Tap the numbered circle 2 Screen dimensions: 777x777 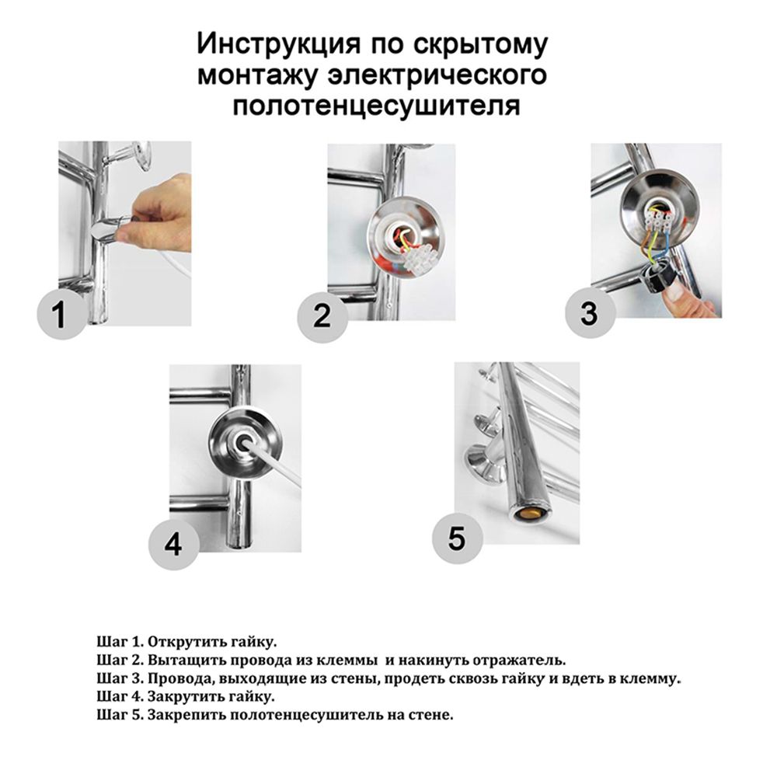click(x=322, y=316)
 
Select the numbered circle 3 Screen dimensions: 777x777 click(x=590, y=313)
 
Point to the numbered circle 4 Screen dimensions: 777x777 click(x=173, y=545)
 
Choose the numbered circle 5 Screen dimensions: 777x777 click(x=457, y=538)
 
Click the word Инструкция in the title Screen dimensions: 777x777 click(x=277, y=44)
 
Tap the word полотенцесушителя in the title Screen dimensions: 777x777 click(x=376, y=106)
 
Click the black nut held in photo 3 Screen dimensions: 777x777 click(x=656, y=278)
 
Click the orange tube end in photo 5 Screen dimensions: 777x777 click(x=529, y=515)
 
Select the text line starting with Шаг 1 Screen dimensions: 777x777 click(x=186, y=642)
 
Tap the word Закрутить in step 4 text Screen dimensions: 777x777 click(x=186, y=697)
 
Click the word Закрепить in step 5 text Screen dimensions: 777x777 click(x=186, y=716)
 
